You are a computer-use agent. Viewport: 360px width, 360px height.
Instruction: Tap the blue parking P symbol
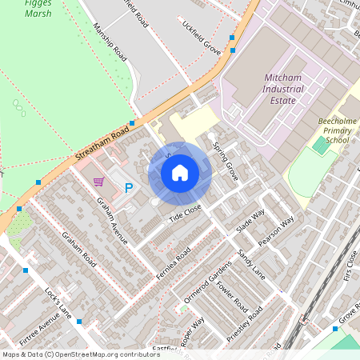(x=128, y=188)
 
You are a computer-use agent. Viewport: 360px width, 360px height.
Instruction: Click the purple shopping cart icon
(x=98, y=182)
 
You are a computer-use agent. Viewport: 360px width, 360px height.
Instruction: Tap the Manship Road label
(x=110, y=42)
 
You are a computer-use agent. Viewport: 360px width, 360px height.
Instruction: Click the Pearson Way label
(x=276, y=230)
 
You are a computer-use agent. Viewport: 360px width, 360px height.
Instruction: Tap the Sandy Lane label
(x=250, y=263)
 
